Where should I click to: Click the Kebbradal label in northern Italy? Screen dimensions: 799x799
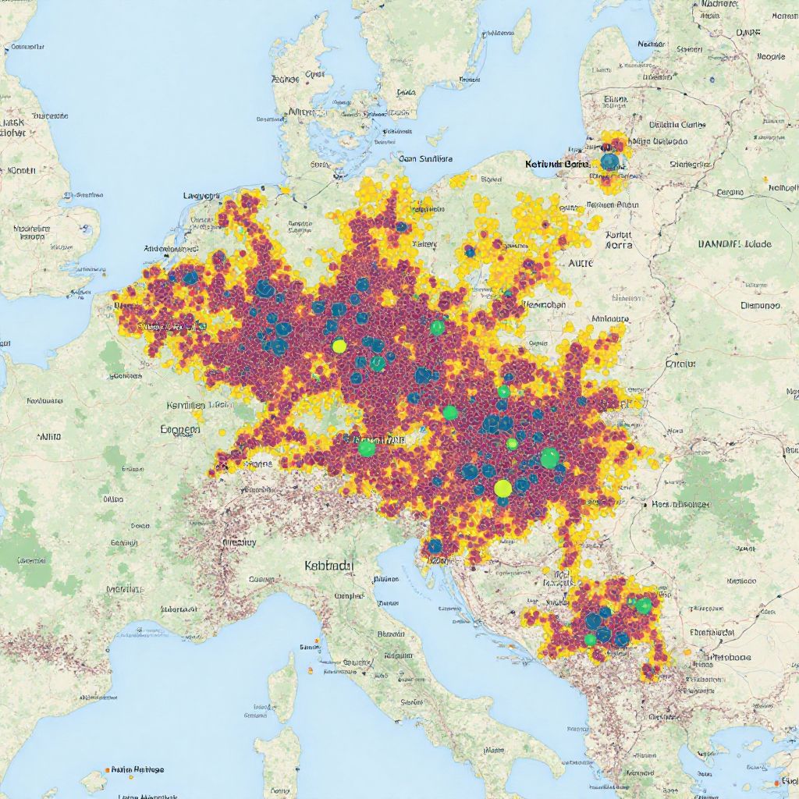click(328, 564)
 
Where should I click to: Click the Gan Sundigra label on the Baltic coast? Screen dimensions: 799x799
click(425, 158)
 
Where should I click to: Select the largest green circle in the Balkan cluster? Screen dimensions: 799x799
click(644, 605)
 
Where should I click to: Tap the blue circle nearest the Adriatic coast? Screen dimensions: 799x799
click(435, 545)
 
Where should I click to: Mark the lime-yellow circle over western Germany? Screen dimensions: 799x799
click(339, 345)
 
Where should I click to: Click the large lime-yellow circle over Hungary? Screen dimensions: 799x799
click(503, 488)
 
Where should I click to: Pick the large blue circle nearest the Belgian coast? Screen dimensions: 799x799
click(190, 277)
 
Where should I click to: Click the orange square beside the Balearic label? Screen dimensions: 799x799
click(106, 769)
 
